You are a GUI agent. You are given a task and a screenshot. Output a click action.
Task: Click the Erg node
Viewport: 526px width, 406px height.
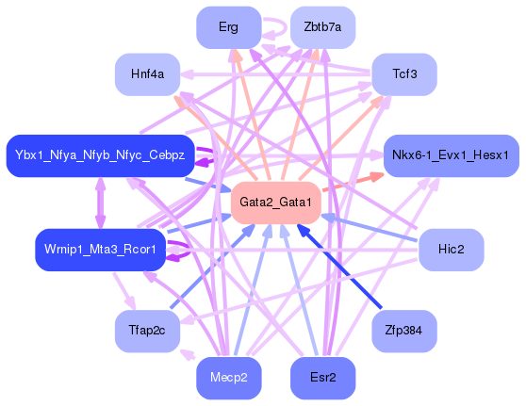[x=228, y=27]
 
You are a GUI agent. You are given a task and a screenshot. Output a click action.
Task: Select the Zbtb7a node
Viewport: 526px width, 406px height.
[x=322, y=27]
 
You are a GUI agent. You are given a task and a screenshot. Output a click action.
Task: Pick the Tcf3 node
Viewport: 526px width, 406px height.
[x=403, y=74]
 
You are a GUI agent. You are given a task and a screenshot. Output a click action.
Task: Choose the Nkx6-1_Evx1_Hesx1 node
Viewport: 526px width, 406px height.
[x=450, y=154]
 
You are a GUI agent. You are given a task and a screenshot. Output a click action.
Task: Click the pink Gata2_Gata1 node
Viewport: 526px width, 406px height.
[x=275, y=203]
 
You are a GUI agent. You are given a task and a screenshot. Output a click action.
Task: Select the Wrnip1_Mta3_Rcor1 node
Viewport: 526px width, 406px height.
[x=100, y=250]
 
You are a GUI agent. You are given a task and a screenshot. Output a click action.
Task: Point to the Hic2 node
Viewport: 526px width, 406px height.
[x=451, y=250]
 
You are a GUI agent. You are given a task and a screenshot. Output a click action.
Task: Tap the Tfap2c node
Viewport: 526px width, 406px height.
[x=147, y=330]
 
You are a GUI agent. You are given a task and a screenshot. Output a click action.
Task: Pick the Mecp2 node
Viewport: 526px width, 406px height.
[x=228, y=378]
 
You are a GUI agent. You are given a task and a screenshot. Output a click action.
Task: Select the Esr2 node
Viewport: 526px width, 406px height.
[x=322, y=378]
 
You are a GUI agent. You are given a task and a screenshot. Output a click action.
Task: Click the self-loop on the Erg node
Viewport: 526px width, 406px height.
[x=275, y=26]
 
